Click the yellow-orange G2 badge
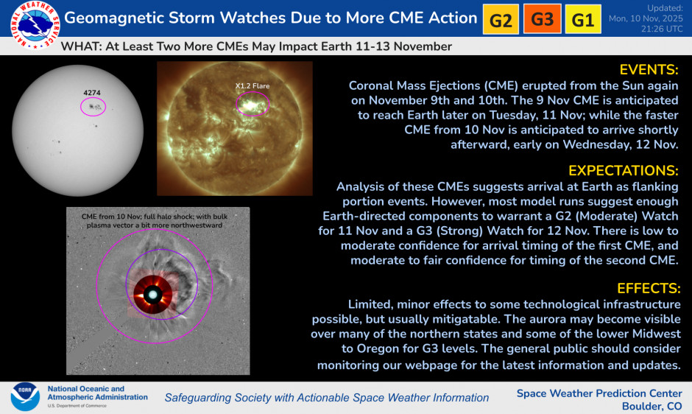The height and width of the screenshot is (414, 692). [501, 19]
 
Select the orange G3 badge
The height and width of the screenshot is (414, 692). [543, 18]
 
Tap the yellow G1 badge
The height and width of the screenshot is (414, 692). [583, 19]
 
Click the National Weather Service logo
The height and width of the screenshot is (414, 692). [35, 25]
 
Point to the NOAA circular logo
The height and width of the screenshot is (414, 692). [26, 396]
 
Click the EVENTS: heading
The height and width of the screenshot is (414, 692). [649, 70]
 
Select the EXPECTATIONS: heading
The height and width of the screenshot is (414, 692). [623, 171]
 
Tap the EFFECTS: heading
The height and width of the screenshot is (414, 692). [649, 289]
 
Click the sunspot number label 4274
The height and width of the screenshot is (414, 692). [92, 93]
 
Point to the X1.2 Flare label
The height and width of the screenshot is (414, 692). [252, 86]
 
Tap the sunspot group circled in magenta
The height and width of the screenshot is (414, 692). [95, 107]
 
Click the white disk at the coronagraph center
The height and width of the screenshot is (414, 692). [152, 295]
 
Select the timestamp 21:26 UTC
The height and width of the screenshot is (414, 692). [662, 29]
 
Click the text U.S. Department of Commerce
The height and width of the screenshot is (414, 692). [77, 406]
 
